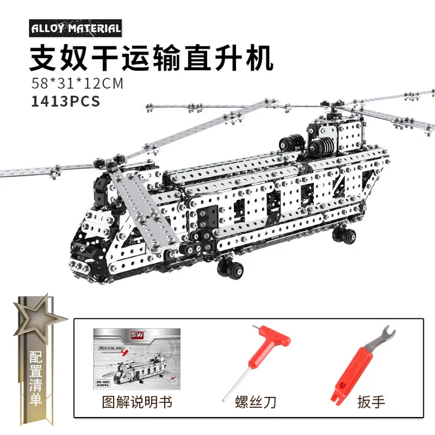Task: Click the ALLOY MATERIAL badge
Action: tap(75, 28)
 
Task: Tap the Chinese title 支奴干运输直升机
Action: tap(150, 58)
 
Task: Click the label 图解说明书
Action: tap(137, 401)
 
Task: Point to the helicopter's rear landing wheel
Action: tap(345, 235)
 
